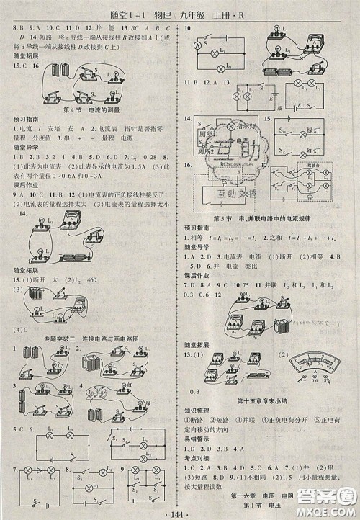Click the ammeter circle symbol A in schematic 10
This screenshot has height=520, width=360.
(195, 46)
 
